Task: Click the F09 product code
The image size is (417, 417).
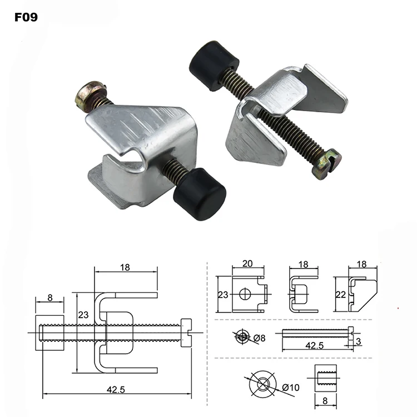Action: pos(26,16)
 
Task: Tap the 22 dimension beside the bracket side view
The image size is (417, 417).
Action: pos(341,293)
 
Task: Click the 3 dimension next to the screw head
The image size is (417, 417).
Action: pos(360,340)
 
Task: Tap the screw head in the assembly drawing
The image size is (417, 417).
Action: pos(186,333)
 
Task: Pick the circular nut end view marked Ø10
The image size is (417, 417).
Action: pos(262,384)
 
